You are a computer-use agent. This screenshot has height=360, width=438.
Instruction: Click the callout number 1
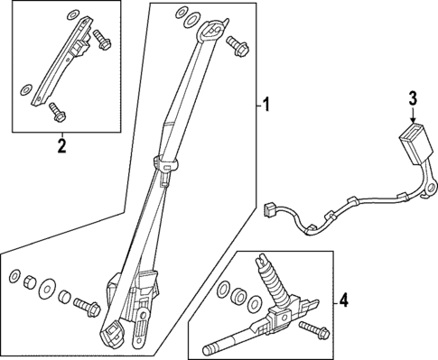[266, 107]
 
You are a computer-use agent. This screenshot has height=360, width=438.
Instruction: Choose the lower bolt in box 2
[58, 112]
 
